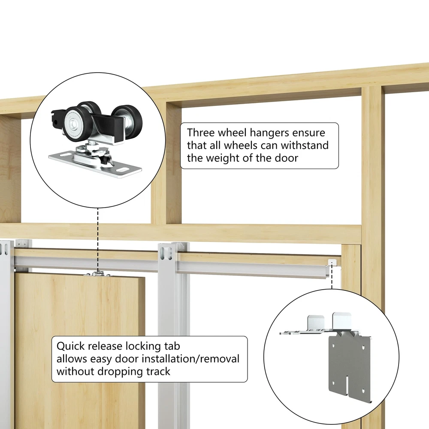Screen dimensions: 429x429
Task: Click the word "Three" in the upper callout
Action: point(200,133)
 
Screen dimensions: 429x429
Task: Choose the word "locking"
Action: point(143,347)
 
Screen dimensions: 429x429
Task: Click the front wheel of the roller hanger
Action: point(75,124)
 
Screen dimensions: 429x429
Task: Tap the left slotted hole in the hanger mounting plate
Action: point(65,155)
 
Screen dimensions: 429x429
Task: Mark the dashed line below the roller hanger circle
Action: point(98,240)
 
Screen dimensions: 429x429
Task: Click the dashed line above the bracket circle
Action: point(332,276)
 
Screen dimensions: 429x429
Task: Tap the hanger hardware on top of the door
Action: point(98,274)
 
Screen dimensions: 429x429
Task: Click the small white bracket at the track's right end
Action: point(332,262)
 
